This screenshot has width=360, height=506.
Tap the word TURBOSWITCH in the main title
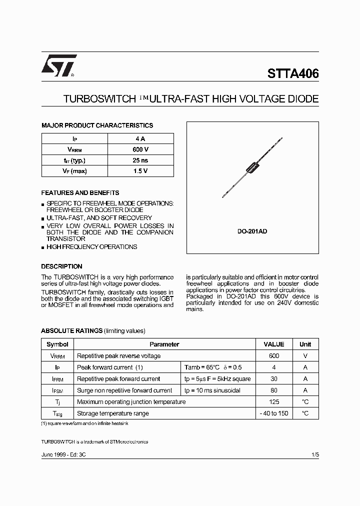tap(97, 99)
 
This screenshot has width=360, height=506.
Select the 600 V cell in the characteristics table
tap(140, 149)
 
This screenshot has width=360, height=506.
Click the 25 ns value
tap(140, 160)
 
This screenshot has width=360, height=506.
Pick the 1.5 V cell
tap(140, 171)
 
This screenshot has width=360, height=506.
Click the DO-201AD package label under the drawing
tap(252, 232)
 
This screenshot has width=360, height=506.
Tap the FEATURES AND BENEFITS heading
tap(80, 192)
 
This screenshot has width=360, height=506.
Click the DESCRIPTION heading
tap(61, 266)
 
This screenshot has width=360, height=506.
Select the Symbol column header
tap(57, 344)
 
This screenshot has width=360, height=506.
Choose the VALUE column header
tap(273, 344)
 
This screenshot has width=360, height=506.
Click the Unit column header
tap(305, 344)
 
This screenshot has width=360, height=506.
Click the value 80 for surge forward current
tap(273, 390)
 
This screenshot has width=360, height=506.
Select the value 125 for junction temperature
tap(273, 401)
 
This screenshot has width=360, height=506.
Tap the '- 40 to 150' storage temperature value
tap(273, 413)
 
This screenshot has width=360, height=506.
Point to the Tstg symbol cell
tap(57, 413)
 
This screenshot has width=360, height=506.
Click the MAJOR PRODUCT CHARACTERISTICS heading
tap(97, 125)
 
